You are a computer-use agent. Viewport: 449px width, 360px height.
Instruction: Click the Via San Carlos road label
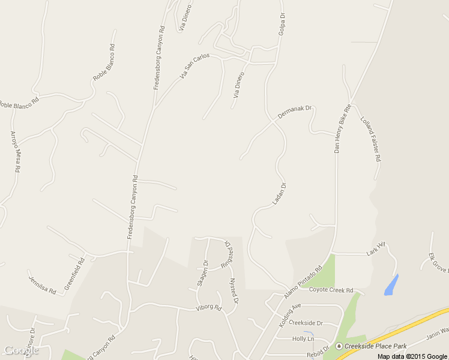point(194,67)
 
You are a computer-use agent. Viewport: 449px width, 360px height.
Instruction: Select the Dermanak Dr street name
point(295,112)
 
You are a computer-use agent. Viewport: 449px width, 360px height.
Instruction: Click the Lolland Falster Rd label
point(371,138)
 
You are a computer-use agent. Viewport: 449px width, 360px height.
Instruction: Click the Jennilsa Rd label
point(42,282)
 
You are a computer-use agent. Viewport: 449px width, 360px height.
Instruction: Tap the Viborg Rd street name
point(208,308)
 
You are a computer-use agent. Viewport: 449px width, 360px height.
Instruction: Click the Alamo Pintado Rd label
point(303,279)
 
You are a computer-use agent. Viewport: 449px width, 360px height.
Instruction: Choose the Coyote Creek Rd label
point(331,290)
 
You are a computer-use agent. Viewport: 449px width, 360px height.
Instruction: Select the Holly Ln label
point(303,339)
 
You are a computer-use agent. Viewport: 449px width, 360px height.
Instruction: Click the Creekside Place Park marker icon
point(339,346)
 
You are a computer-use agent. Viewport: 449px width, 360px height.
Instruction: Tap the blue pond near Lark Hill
point(391,284)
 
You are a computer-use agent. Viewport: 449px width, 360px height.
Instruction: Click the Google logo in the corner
point(21,350)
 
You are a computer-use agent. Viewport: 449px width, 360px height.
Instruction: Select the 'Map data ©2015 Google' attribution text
point(412,356)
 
